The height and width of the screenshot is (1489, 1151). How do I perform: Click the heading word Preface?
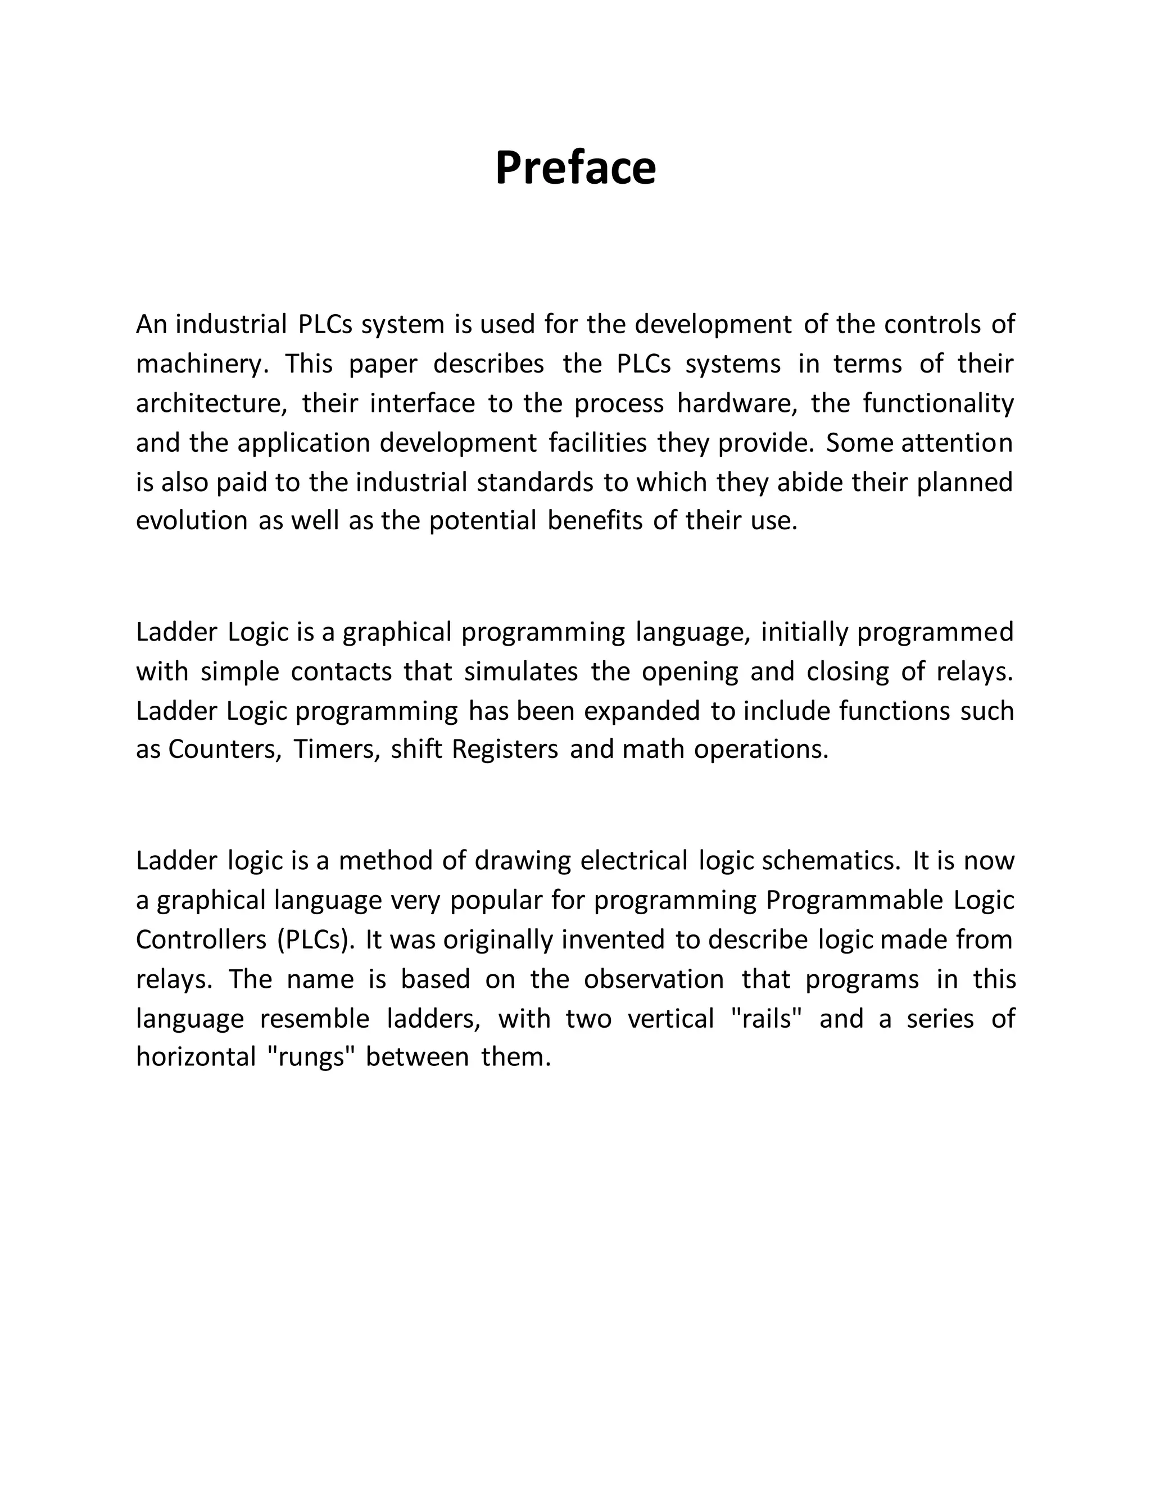click(575, 167)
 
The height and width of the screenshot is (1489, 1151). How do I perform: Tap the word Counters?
click(224, 749)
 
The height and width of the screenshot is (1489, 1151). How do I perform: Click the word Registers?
click(505, 749)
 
